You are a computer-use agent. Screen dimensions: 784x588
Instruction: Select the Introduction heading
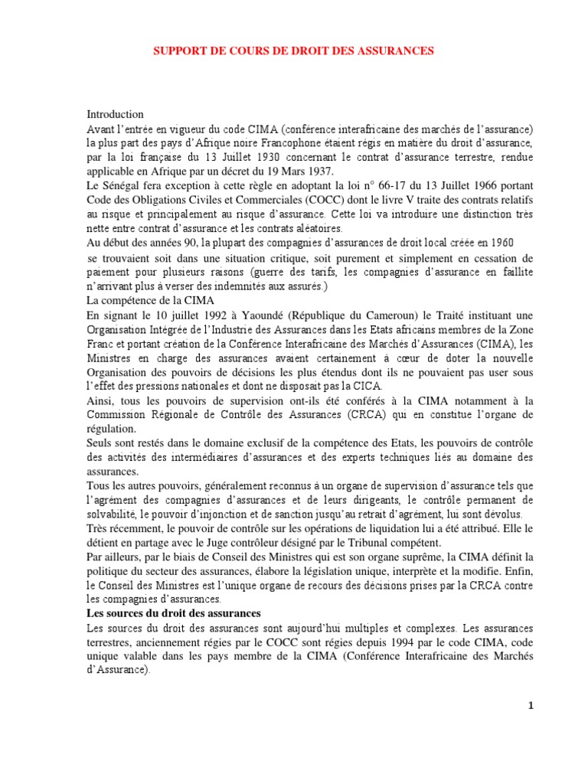115,114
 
